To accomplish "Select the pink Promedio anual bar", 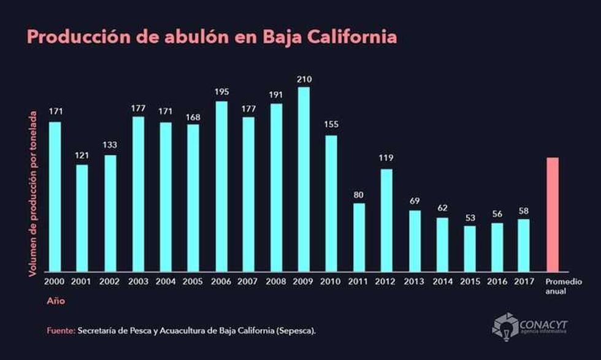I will click(x=553, y=215).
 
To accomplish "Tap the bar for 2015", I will click(x=470, y=248).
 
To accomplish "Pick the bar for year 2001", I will click(x=82, y=218).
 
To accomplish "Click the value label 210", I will click(x=304, y=79).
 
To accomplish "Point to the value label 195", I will click(x=221, y=91).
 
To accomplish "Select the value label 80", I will click(x=359, y=195).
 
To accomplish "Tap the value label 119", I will click(x=386, y=158).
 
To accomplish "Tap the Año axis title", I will click(x=55, y=301).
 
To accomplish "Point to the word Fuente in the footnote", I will click(x=59, y=331).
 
